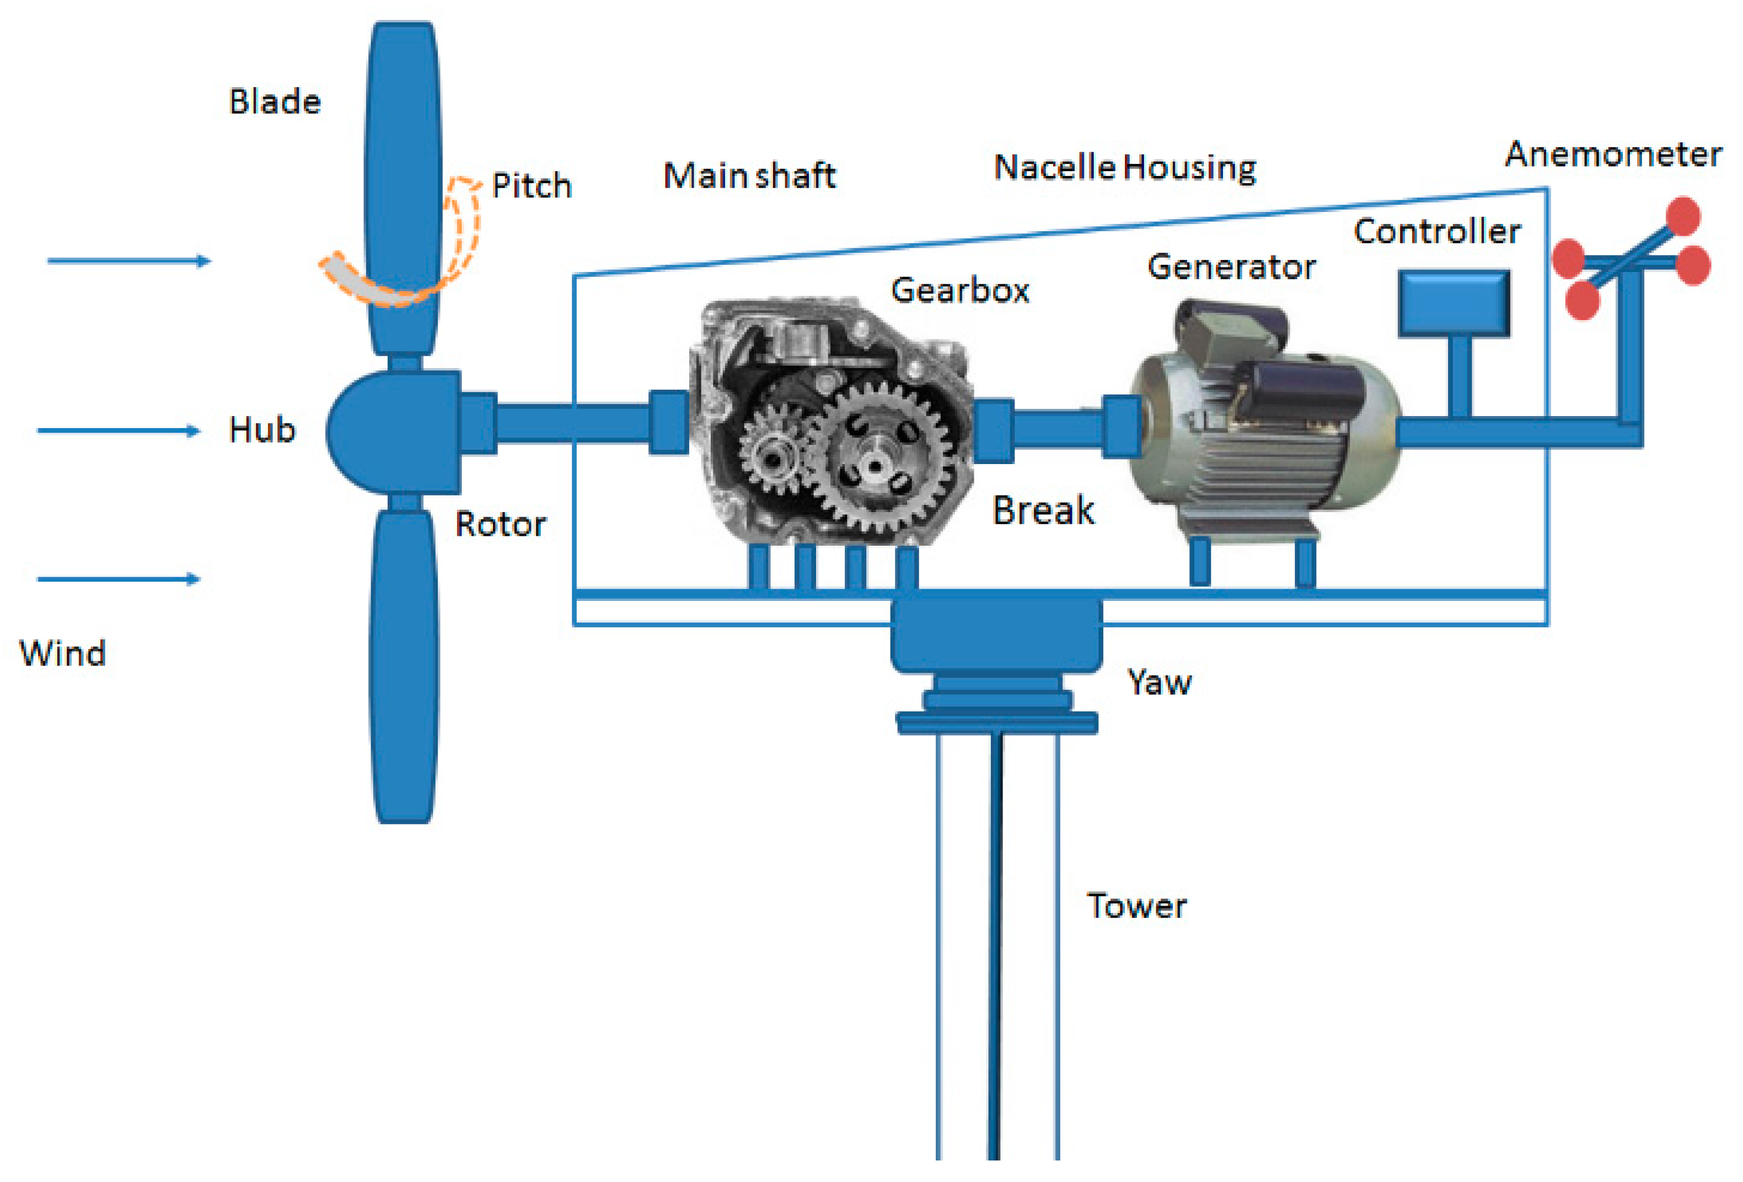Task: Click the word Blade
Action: (x=275, y=102)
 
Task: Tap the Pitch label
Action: (x=531, y=185)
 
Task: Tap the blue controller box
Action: (x=1454, y=303)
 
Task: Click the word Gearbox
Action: (x=960, y=290)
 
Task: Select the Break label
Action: (x=1043, y=510)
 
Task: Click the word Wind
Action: (x=62, y=653)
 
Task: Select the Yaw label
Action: (x=1159, y=682)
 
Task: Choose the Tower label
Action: (x=1136, y=906)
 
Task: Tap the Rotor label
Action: (x=500, y=524)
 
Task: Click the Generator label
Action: (x=1231, y=267)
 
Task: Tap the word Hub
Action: (x=262, y=430)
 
